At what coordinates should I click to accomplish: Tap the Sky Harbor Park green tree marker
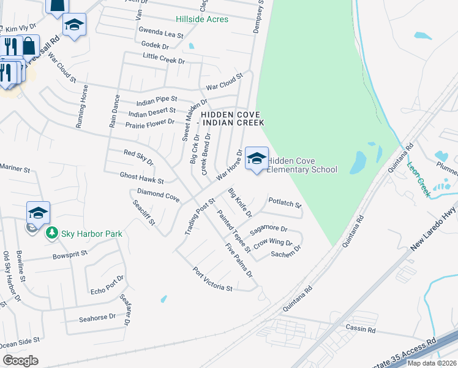pos(52,233)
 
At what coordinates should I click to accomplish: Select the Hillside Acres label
pos(202,20)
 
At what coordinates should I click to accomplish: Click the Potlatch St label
pos(285,202)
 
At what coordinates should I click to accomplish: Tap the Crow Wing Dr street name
pos(273,243)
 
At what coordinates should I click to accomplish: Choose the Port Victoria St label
pos(213,278)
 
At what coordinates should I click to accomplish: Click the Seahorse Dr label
pos(97,318)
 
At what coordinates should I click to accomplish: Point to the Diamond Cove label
pos(158,195)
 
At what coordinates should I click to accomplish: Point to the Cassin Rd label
pos(359,329)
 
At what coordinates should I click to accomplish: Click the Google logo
pos(20,361)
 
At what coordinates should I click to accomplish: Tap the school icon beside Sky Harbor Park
pos(38,213)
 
